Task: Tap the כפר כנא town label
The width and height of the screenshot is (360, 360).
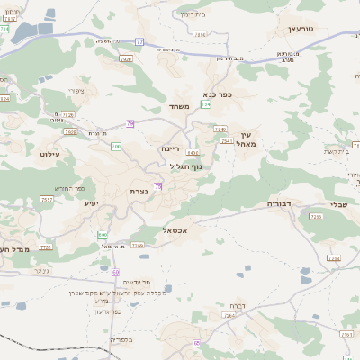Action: tap(218, 93)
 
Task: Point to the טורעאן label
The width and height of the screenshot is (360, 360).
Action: tap(300, 29)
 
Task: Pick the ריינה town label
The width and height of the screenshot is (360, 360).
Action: tap(171, 148)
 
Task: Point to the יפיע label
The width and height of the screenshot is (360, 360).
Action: tap(91, 203)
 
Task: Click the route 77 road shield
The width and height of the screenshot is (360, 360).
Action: tap(139, 41)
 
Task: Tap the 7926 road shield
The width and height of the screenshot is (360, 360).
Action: tap(125, 59)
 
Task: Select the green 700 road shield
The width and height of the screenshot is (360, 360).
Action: tap(115, 145)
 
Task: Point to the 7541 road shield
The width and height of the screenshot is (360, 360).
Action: tap(226, 141)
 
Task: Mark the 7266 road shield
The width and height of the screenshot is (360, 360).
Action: tap(138, 245)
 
